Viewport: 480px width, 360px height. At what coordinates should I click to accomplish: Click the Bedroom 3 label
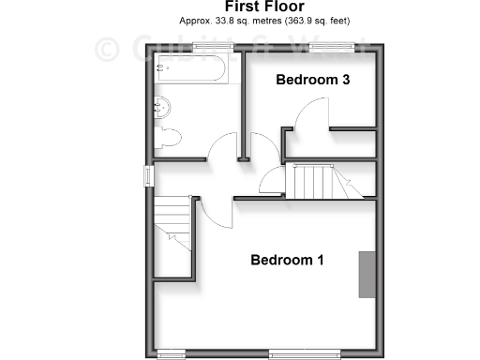(x=312, y=81)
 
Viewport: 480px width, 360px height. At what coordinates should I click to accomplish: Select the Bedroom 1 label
(x=287, y=260)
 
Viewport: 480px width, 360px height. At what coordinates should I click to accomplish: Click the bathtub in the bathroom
(x=193, y=68)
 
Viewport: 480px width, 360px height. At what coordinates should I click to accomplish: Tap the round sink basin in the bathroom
(x=162, y=105)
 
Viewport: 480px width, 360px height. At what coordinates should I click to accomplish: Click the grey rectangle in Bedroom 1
(x=366, y=275)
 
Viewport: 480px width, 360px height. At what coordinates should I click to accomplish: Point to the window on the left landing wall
(x=146, y=175)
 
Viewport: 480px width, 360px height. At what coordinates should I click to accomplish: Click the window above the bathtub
(x=193, y=47)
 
